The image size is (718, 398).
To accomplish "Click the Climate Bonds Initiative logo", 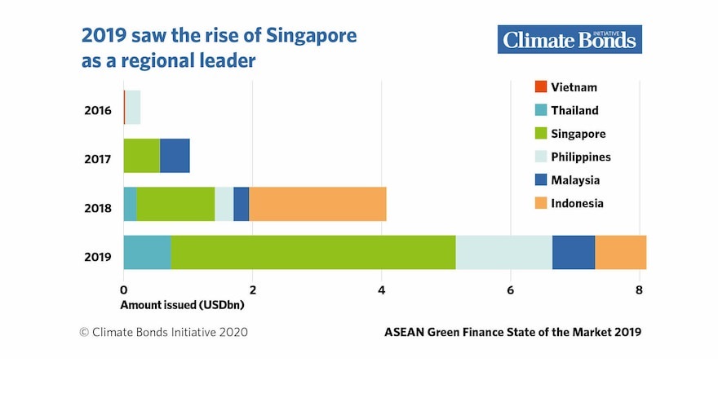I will [570, 39].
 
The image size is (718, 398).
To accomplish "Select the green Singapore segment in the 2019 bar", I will [312, 252].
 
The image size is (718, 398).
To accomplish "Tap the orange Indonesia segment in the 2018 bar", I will [317, 204].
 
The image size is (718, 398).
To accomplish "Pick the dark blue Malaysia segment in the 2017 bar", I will [175, 155].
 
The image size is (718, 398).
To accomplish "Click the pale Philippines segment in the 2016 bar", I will [132, 107].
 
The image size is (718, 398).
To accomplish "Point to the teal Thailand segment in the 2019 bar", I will [147, 252].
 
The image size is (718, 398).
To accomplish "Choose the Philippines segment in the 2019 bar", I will [503, 252].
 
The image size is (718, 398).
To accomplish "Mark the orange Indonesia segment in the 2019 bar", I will [620, 252].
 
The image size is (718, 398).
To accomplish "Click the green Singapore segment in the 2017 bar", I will [141, 155].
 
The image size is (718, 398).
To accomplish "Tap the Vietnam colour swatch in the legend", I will [540, 87].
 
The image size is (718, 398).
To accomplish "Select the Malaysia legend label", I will [575, 180].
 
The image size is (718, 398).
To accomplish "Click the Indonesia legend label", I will [577, 203].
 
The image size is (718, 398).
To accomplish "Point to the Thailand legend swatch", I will [540, 110].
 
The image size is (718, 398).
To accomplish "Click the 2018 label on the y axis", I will [97, 209].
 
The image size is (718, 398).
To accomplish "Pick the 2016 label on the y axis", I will [97, 111].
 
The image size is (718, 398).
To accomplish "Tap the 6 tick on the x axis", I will [510, 290].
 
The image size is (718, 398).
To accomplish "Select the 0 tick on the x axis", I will [123, 290].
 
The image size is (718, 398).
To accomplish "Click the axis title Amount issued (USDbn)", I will [183, 305].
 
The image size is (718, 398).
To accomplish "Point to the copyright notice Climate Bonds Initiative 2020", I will [162, 332].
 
